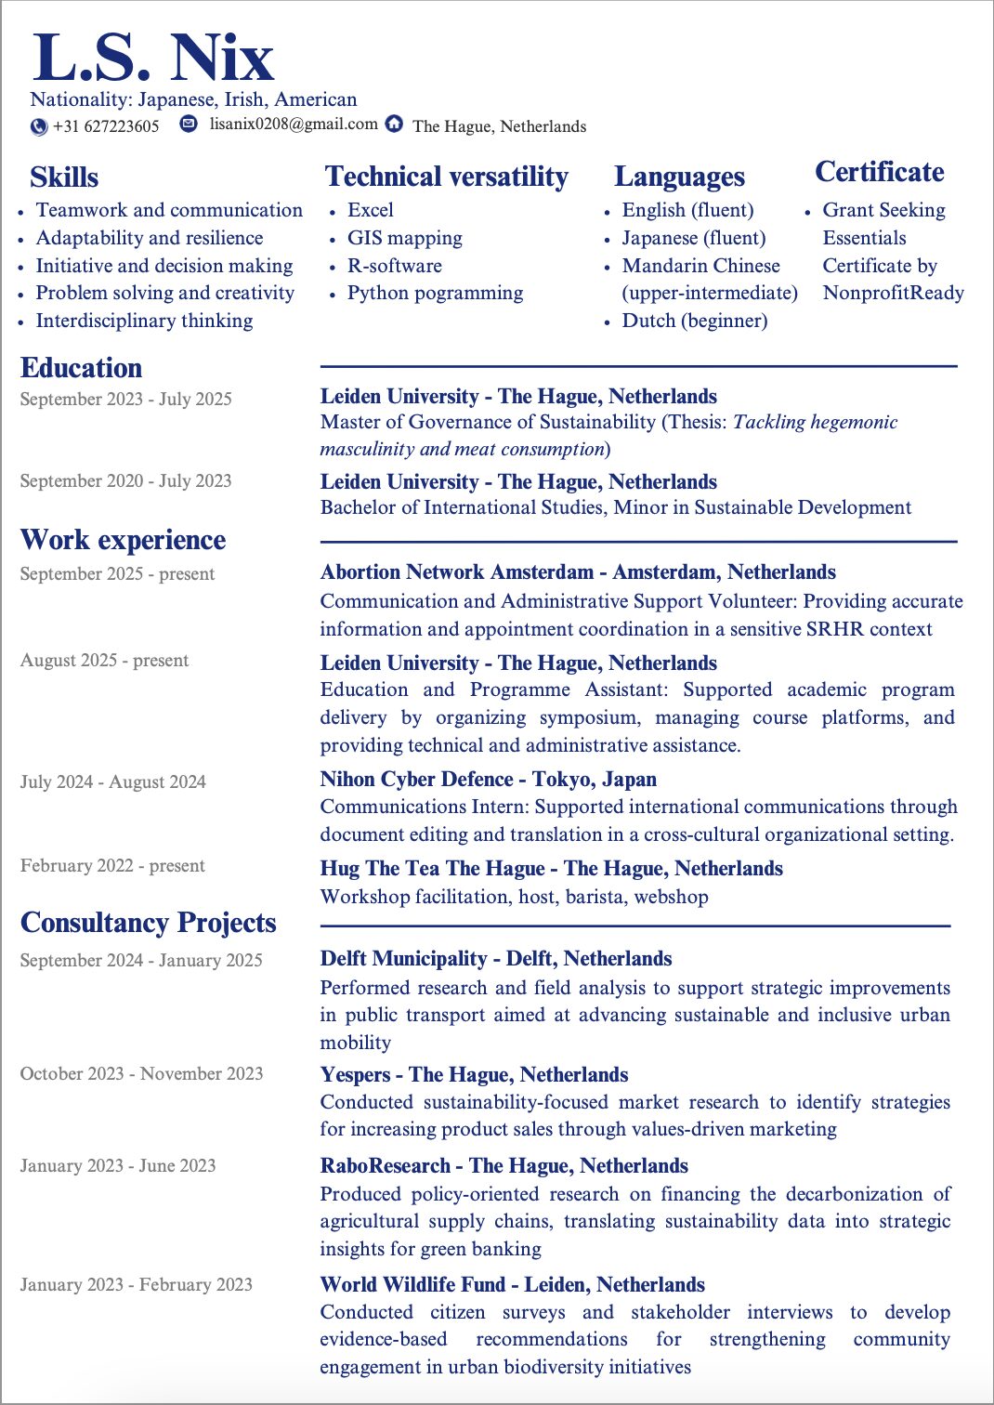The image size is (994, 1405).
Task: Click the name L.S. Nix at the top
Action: (x=153, y=58)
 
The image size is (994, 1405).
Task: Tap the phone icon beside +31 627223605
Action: (x=39, y=126)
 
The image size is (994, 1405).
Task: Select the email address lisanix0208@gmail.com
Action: (x=294, y=124)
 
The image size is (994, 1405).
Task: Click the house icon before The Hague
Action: (x=395, y=124)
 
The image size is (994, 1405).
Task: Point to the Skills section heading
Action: (x=64, y=177)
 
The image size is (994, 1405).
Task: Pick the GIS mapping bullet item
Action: (x=404, y=238)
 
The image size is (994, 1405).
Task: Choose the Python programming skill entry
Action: (x=435, y=293)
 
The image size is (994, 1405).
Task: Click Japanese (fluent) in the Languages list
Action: (x=693, y=238)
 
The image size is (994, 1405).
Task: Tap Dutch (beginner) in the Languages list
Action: (x=694, y=321)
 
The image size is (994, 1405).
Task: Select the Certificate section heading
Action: (x=879, y=172)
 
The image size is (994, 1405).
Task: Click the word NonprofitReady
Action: (x=893, y=293)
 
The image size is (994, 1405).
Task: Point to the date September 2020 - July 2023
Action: (x=125, y=480)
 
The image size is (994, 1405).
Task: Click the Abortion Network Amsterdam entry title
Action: (x=577, y=571)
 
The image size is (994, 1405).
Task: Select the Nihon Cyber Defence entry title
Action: (x=488, y=779)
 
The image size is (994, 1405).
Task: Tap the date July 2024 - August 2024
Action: (x=112, y=781)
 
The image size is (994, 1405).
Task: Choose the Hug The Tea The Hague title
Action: (x=551, y=868)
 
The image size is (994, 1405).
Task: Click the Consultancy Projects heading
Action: (x=148, y=922)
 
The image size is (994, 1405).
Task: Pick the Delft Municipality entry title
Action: (x=495, y=958)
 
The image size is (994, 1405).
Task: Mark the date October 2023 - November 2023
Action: (x=141, y=1073)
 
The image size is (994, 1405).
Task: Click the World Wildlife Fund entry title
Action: (x=512, y=1284)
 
